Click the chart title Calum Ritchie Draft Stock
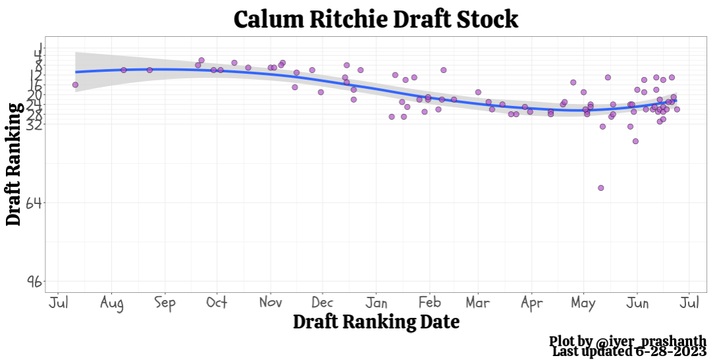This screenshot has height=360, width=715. pyautogui.click(x=376, y=19)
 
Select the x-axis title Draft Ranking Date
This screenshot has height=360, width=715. pyautogui.click(x=376, y=322)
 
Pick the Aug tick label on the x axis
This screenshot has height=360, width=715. pyautogui.click(x=112, y=303)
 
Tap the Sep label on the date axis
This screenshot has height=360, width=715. pyautogui.click(x=165, y=303)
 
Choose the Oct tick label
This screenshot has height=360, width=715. pyautogui.click(x=216, y=303)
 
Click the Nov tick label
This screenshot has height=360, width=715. pyautogui.click(x=270, y=303)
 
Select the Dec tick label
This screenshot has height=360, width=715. pyautogui.click(x=322, y=303)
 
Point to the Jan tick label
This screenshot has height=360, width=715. pyautogui.click(x=376, y=303)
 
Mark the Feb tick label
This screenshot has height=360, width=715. pyautogui.click(x=430, y=303)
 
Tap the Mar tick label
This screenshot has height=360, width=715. pyautogui.click(x=478, y=303)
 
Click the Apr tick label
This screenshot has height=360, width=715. pyautogui.click(x=531, y=303)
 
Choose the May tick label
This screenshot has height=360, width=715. pyautogui.click(x=583, y=303)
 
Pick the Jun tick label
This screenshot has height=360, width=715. pyautogui.click(x=637, y=303)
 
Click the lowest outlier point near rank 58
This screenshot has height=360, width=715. pyautogui.click(x=601, y=188)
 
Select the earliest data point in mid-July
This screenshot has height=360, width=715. pyautogui.click(x=75, y=84)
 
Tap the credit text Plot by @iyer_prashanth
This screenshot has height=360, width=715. pyautogui.click(x=628, y=342)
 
